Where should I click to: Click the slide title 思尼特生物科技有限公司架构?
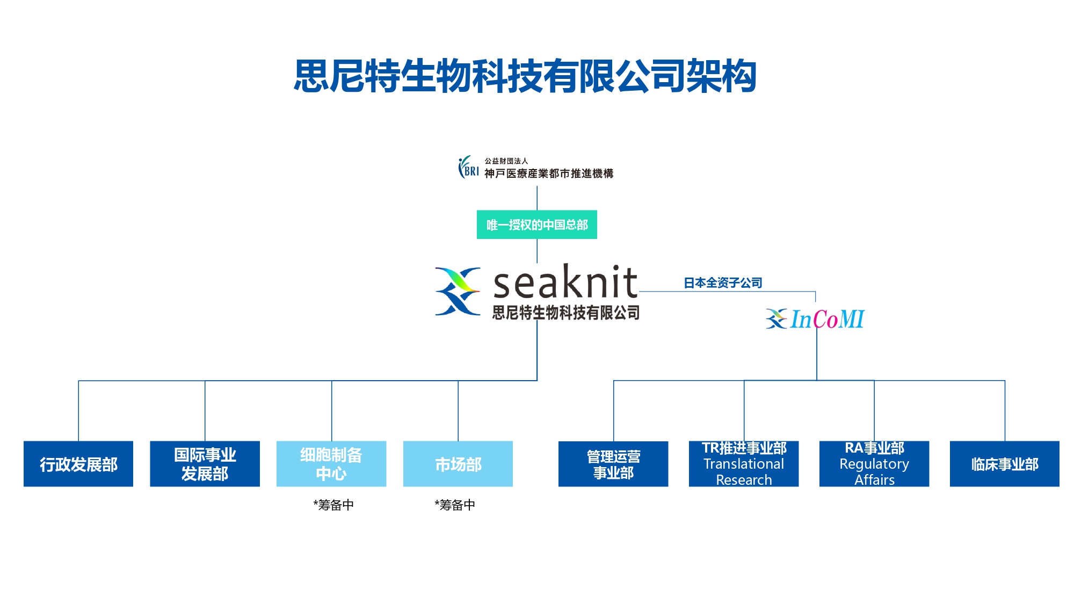click(x=525, y=76)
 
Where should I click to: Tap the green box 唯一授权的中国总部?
click(x=536, y=224)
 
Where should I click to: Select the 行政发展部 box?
click(x=78, y=464)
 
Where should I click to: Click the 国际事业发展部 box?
click(x=205, y=464)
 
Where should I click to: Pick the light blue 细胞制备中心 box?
click(x=331, y=464)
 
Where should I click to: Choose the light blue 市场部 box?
click(x=458, y=464)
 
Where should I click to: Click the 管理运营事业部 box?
click(x=613, y=464)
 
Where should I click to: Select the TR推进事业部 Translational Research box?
click(x=744, y=464)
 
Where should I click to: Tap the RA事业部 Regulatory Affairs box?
click(x=874, y=464)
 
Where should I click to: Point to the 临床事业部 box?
click(x=1004, y=464)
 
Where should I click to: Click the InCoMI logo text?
click(x=827, y=319)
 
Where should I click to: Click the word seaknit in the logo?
click(x=565, y=282)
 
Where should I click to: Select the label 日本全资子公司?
click(x=723, y=282)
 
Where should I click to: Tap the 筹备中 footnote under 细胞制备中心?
click(x=333, y=505)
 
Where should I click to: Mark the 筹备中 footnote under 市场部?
click(x=455, y=505)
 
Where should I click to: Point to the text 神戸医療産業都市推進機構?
click(x=549, y=173)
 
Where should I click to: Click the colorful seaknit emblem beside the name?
click(x=458, y=291)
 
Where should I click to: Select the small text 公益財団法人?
click(x=506, y=161)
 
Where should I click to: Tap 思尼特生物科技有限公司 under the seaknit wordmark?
click(x=566, y=312)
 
